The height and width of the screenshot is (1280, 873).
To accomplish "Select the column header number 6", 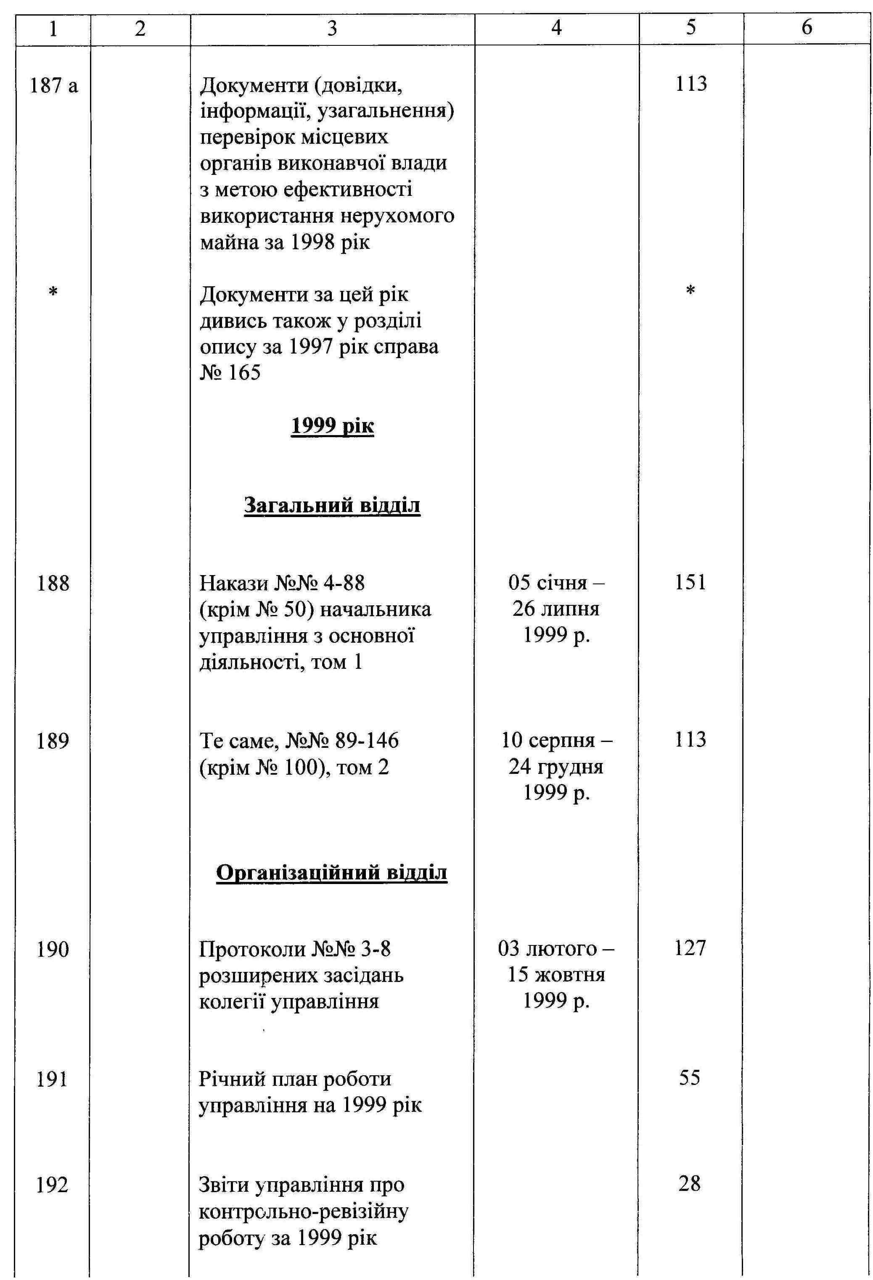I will point(806,28).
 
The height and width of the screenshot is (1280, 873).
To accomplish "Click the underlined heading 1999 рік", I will point(332,426).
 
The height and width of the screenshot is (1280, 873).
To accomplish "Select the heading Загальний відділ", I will point(332,505).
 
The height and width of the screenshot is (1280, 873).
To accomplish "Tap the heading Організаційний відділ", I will point(332,872).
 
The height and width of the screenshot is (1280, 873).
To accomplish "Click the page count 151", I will point(690,582).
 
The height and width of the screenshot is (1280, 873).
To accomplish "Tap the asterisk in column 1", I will point(53,292).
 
